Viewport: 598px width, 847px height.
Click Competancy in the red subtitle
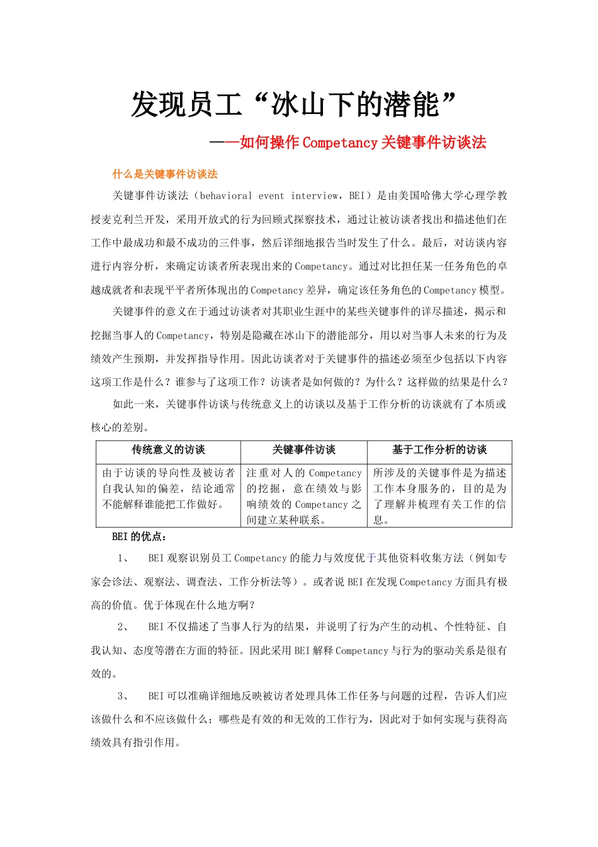[x=340, y=143]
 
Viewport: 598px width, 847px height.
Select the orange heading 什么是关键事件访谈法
[x=165, y=175]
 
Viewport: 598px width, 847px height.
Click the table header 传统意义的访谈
[x=168, y=450]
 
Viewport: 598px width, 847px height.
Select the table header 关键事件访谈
[x=303, y=450]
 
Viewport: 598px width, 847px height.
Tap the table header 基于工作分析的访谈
[x=439, y=450]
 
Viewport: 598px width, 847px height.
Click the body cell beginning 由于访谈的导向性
[x=168, y=488]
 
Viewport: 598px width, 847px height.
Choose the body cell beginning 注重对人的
[x=303, y=496]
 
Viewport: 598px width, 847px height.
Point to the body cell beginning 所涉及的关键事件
[x=439, y=496]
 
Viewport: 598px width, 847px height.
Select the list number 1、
[x=123, y=558]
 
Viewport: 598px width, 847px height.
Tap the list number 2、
[x=123, y=627]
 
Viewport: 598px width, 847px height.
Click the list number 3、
[x=123, y=696]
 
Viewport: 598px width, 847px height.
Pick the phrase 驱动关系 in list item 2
[x=454, y=651]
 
